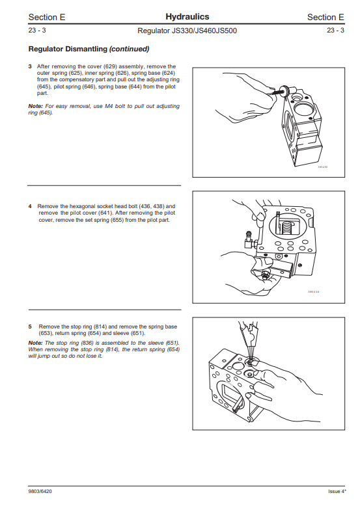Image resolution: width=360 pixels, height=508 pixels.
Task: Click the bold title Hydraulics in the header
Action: (x=187, y=17)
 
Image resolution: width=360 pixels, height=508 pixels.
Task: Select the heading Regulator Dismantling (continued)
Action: (x=89, y=49)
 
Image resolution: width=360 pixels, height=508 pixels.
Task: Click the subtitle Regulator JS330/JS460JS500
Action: (x=187, y=31)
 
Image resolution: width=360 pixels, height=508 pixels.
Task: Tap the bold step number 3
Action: (x=30, y=66)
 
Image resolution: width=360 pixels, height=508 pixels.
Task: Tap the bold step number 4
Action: (x=30, y=206)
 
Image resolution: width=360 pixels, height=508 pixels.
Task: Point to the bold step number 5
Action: (x=30, y=327)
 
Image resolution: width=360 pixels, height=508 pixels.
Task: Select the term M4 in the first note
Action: (x=109, y=106)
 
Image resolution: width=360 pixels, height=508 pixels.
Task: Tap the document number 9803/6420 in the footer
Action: (x=40, y=492)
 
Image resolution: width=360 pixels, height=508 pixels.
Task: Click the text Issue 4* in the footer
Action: (x=337, y=492)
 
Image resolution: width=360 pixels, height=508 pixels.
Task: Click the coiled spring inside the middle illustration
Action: (x=286, y=226)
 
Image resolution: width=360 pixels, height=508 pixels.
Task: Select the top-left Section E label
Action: (x=47, y=17)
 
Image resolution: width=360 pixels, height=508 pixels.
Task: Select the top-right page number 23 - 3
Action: (x=335, y=31)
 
